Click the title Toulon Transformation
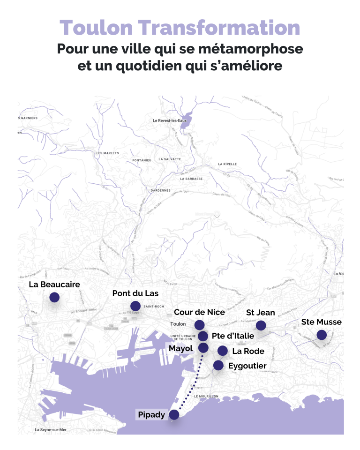180,28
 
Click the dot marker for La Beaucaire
54,297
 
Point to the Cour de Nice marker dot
199,324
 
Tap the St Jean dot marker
261,325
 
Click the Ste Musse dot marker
321,335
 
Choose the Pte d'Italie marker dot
203,336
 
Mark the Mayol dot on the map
203,347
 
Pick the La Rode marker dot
223,351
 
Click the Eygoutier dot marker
218,365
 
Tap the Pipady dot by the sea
174,414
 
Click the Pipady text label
151,415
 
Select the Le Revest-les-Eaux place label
170,120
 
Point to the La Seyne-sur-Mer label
51,429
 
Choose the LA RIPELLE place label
227,164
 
